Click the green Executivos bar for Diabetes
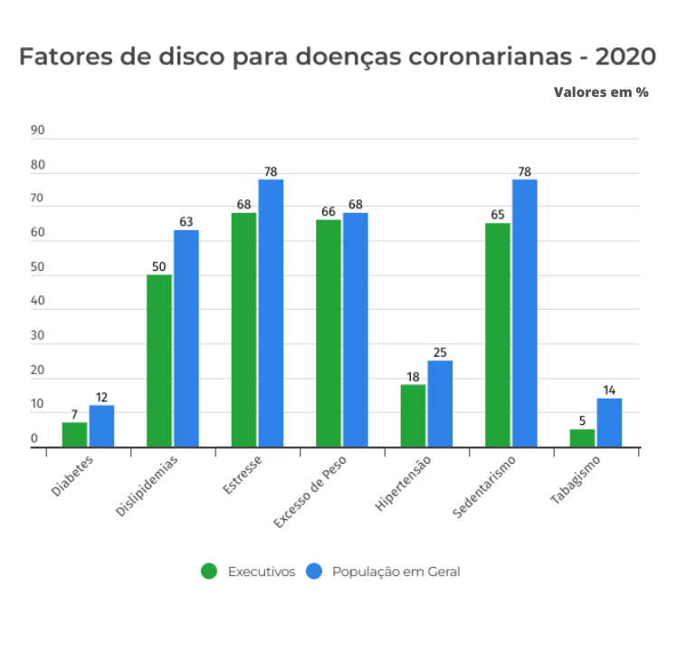tap(74, 435)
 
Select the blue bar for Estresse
tap(271, 313)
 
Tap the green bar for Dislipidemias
tap(159, 361)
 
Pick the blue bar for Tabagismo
tap(609, 422)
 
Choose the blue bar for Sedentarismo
tap(524, 313)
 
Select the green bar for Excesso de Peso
tap(329, 333)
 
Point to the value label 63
tap(186, 221)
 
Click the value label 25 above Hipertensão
tap(440, 352)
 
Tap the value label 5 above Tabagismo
tap(582, 420)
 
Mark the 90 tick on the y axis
tap(37, 130)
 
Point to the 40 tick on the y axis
tap(37, 302)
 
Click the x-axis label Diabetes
tap(72, 475)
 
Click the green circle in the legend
tap(209, 572)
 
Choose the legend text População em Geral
tap(396, 572)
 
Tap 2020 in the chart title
tap(625, 57)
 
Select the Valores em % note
tap(601, 92)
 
